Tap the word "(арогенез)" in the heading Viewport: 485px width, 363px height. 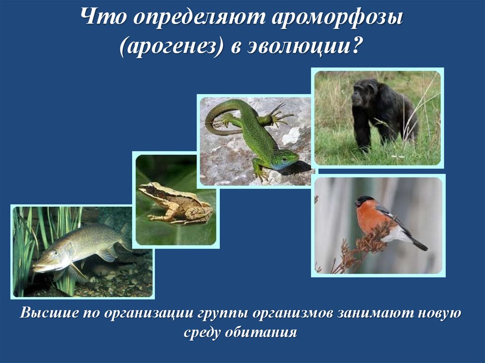tap(171, 47)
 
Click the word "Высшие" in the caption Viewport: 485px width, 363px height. tap(46, 313)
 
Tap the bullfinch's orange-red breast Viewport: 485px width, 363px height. tap(372, 218)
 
